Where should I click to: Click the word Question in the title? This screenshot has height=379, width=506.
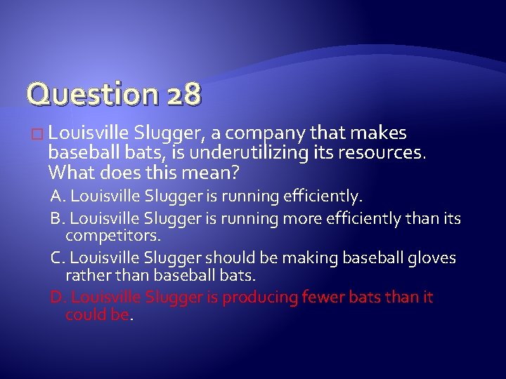pos(83,93)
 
